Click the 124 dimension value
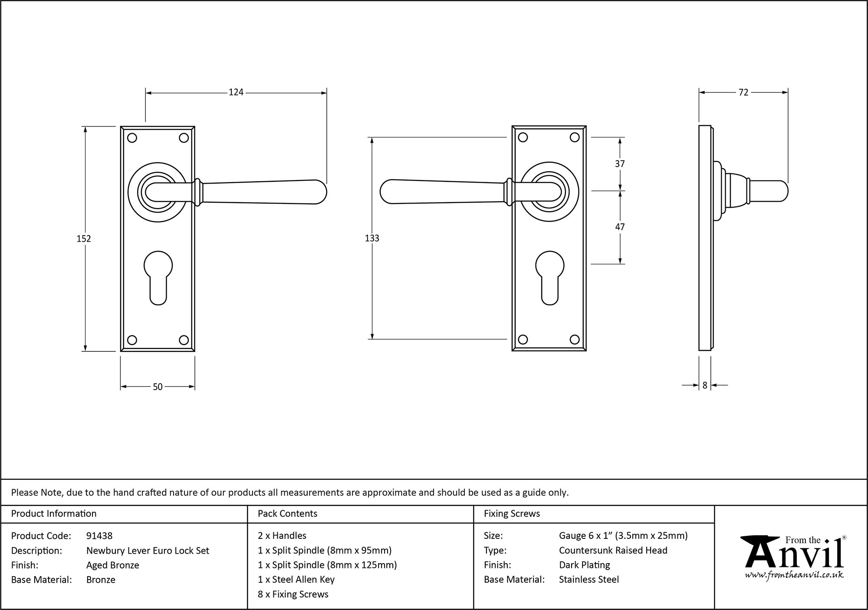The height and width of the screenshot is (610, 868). (236, 92)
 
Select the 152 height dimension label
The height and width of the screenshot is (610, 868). (84, 239)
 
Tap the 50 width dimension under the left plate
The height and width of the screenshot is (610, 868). (158, 387)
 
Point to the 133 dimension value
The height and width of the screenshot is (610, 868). (372, 238)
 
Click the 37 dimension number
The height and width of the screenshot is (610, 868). (620, 164)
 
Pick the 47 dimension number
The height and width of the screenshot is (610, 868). (620, 227)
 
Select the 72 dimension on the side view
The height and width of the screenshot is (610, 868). (743, 92)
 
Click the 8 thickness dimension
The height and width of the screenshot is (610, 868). (705, 385)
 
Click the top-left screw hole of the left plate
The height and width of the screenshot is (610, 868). (132, 138)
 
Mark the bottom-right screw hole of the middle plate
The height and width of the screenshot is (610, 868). (575, 339)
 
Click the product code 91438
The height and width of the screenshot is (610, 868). (99, 536)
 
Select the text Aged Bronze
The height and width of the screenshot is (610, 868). (113, 565)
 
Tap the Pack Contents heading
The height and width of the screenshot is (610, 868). (287, 514)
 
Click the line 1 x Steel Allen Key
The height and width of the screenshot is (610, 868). (296, 579)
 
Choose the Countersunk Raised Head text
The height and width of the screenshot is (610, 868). (613, 550)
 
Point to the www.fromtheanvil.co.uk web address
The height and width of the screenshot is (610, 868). (794, 575)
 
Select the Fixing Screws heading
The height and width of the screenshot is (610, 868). (512, 514)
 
